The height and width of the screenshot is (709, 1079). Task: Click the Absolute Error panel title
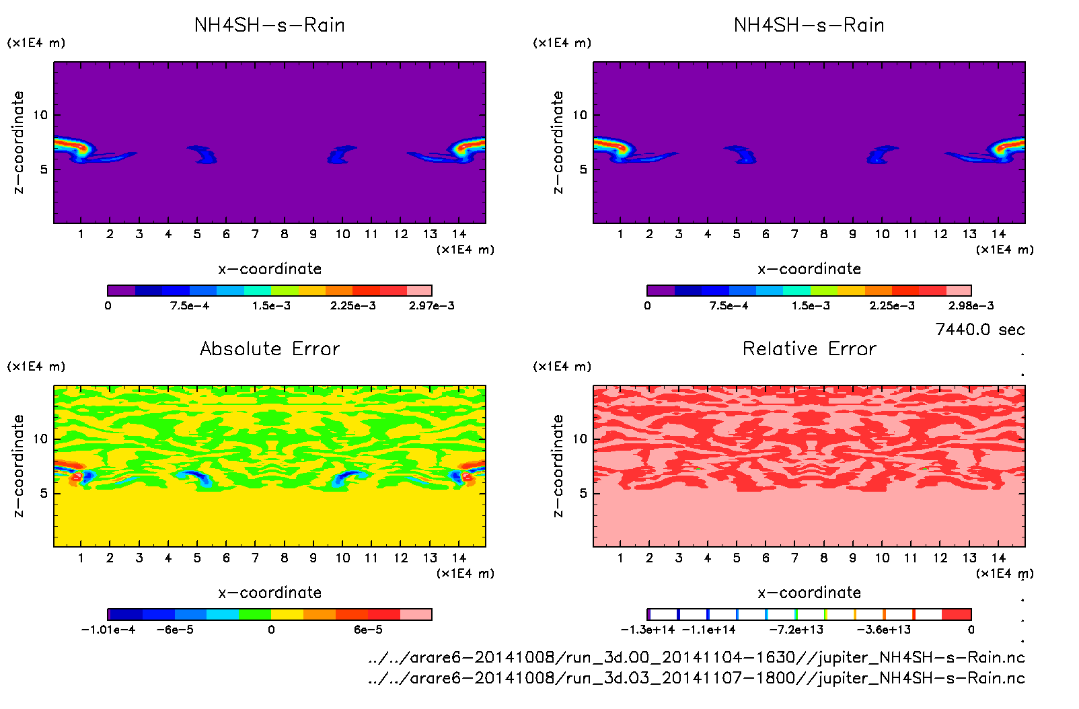point(270,348)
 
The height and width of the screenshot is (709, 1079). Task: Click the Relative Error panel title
point(809,348)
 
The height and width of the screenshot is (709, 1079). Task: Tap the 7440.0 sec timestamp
point(979,330)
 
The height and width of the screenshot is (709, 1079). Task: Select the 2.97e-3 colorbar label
point(431,306)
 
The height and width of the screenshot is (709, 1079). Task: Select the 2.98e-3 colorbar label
point(971,306)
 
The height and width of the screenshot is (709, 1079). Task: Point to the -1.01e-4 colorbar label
point(108,630)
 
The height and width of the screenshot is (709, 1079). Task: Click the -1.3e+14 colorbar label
point(648,630)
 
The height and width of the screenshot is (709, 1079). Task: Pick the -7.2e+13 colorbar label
point(796,630)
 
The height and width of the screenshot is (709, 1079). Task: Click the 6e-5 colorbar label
point(368,630)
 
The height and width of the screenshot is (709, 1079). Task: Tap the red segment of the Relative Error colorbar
point(957,614)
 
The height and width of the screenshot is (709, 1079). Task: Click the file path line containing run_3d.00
point(696,657)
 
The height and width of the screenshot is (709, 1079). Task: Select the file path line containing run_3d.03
point(696,678)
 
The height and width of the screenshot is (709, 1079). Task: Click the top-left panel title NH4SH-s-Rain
point(270,25)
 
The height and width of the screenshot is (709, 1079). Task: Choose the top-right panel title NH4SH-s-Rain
point(809,25)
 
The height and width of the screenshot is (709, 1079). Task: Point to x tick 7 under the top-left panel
point(255,234)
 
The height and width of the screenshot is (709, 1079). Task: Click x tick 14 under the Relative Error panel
point(998,558)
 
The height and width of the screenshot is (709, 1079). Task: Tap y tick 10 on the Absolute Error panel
point(41,439)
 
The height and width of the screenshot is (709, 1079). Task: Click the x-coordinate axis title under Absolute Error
point(270,593)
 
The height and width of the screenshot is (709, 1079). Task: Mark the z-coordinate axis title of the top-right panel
point(558,143)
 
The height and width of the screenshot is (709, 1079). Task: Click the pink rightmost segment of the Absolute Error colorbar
point(416,614)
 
